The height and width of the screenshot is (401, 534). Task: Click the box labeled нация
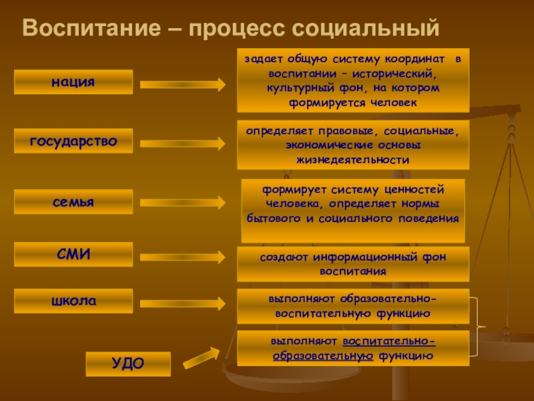(73, 82)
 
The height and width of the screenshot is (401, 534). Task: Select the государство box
(73, 141)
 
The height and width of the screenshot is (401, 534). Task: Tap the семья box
(73, 201)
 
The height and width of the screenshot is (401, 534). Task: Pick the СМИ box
(73, 254)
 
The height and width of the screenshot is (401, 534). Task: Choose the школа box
(73, 301)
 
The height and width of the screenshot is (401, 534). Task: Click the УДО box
(127, 364)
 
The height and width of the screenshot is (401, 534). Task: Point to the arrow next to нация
(183, 84)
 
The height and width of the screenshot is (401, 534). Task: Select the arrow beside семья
(183, 202)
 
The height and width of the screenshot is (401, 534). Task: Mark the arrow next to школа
(183, 301)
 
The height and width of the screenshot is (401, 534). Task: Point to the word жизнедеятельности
(353, 160)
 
